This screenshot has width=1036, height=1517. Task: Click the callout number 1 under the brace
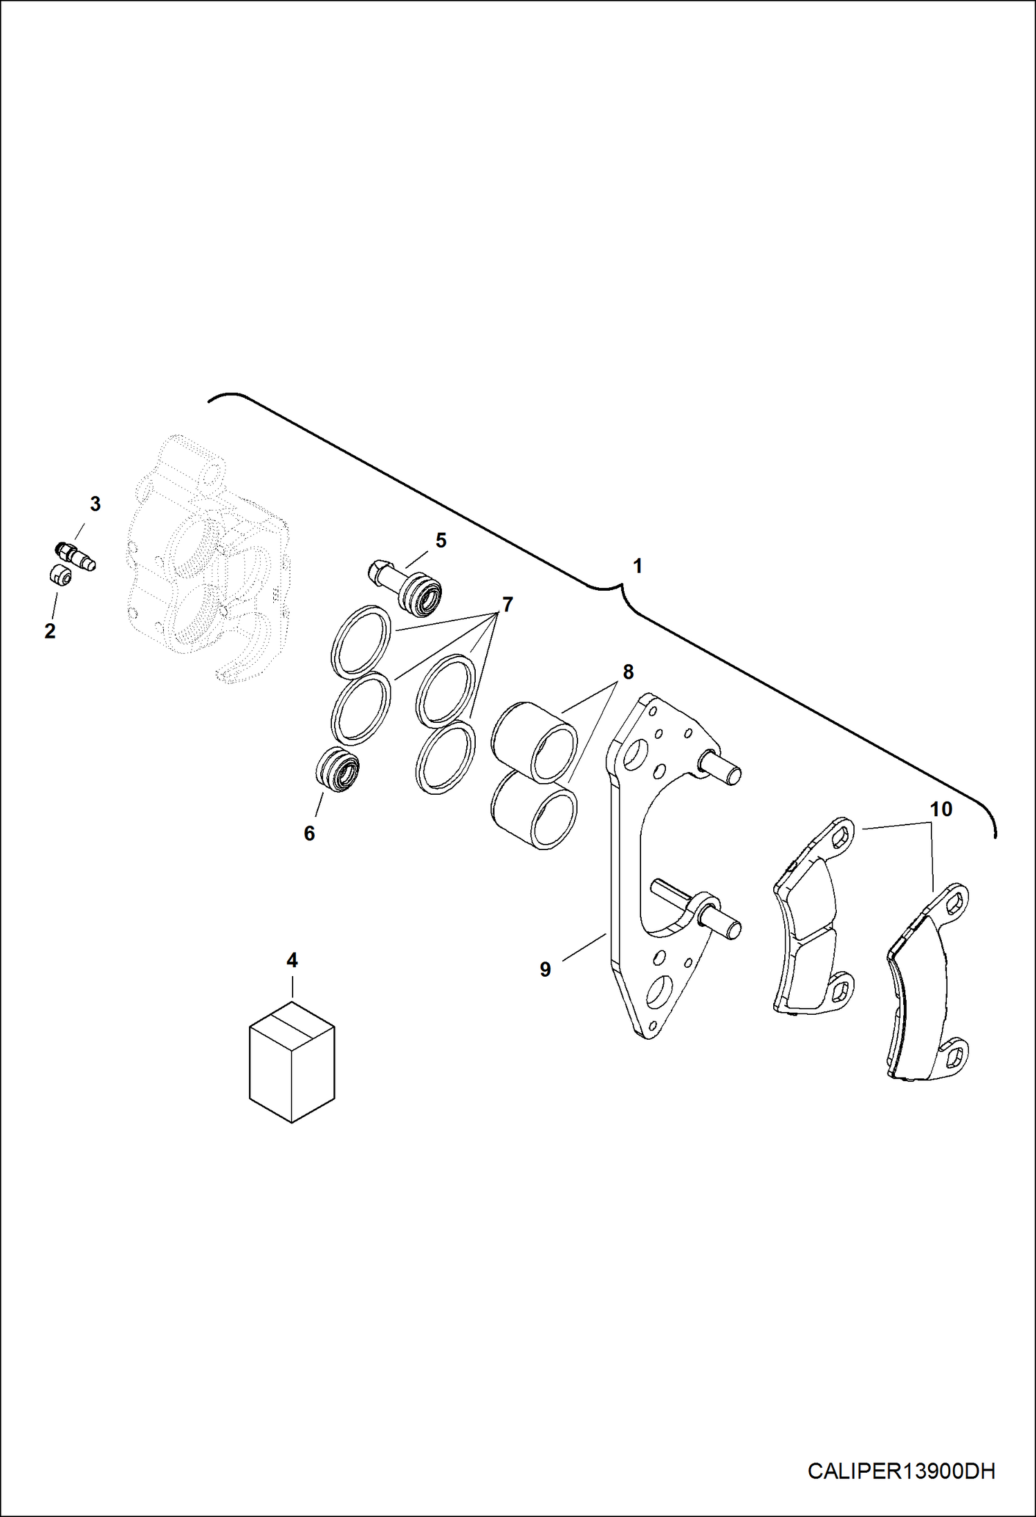tap(638, 566)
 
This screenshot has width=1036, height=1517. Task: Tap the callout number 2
tap(50, 631)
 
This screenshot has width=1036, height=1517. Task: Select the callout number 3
tap(95, 504)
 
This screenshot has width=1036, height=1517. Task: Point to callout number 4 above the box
tap(292, 960)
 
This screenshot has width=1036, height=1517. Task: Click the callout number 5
tap(441, 540)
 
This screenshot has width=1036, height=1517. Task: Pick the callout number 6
tap(309, 833)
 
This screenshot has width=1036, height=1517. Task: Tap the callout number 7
tap(508, 605)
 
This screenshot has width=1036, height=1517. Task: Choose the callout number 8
tap(628, 672)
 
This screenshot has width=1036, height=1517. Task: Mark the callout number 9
tap(545, 970)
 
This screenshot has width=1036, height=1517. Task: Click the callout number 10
tap(941, 809)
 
